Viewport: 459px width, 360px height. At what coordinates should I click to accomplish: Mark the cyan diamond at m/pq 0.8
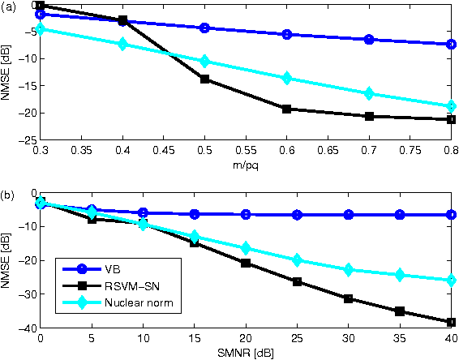coord(451,105)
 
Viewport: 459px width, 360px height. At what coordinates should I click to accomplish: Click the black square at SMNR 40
coord(451,322)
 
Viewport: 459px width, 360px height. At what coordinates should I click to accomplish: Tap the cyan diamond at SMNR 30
coord(348,269)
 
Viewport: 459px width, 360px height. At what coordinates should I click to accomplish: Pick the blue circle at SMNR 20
coord(245,214)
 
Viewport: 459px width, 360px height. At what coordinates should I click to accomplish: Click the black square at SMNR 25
coord(297,281)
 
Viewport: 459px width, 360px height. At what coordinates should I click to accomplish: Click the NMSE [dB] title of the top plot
coord(7,71)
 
